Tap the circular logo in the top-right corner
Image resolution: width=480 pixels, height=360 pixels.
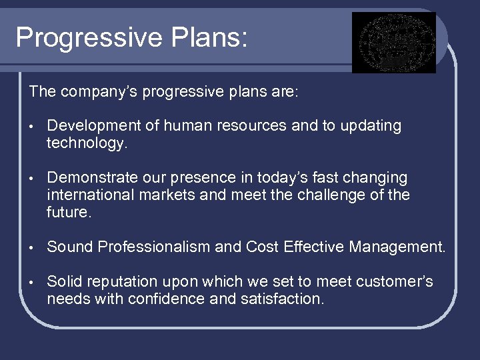coord(393,43)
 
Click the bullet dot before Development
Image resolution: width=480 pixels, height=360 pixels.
coord(31,127)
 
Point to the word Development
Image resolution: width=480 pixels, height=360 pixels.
coord(94,126)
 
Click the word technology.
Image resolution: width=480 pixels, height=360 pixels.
coord(86,143)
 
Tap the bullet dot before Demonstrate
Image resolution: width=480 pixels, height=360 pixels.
coord(31,179)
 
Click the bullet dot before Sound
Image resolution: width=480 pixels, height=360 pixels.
coord(31,248)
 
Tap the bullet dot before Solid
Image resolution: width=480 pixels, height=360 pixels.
coord(31,283)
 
